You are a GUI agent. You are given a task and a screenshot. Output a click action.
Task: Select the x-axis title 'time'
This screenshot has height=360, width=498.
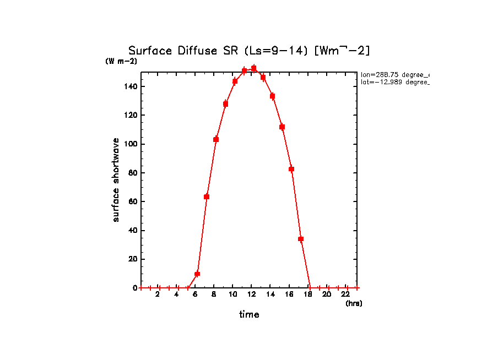tap(249, 314)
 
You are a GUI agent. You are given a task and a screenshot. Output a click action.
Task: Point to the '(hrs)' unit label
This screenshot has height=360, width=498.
tap(354, 303)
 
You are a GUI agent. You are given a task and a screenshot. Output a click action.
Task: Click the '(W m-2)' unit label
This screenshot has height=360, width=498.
tap(121, 61)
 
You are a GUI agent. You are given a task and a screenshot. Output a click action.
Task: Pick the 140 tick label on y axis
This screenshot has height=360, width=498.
tap(131, 86)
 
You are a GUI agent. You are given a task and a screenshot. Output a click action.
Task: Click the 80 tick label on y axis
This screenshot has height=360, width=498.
tap(133, 173)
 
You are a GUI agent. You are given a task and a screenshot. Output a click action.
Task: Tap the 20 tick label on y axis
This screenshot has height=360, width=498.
tap(133, 259)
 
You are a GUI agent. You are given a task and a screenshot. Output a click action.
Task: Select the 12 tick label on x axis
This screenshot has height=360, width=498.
tap(251, 295)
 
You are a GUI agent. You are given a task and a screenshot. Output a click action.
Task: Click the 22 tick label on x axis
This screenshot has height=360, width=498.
tap(346, 295)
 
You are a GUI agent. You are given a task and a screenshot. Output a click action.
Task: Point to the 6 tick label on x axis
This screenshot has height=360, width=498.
tap(195, 295)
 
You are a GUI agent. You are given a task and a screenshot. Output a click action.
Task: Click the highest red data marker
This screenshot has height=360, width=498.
tap(254, 68)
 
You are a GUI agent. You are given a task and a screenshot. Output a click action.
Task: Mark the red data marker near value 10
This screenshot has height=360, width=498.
tap(197, 274)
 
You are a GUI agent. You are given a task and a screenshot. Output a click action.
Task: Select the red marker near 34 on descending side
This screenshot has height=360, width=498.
tap(301, 239)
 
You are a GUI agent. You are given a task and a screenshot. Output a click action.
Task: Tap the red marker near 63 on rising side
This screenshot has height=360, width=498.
tap(207, 197)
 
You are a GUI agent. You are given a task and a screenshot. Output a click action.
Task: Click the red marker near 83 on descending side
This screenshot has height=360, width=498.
tap(291, 169)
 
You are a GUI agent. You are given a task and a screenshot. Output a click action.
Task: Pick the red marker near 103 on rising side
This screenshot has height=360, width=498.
tap(216, 139)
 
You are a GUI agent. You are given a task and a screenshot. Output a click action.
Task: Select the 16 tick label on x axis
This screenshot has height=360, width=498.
tap(289, 295)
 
